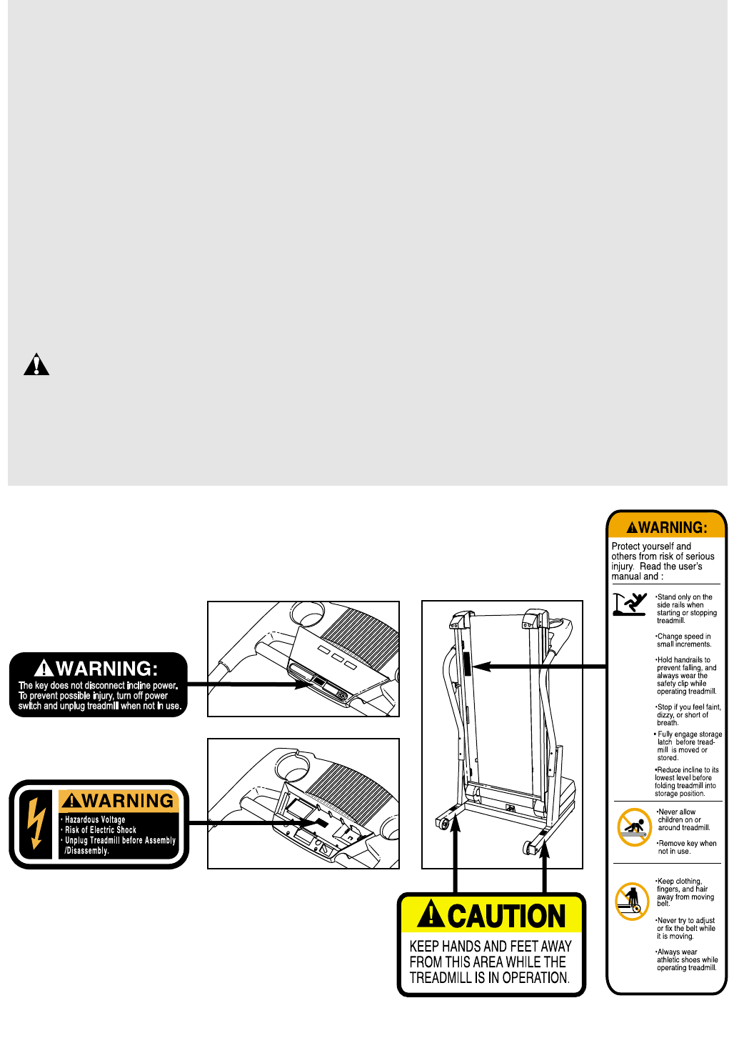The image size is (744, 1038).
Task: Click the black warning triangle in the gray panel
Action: (36, 364)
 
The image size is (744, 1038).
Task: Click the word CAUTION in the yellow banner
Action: (506, 916)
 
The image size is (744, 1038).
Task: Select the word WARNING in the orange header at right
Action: (673, 528)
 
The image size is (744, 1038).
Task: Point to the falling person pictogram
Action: (629, 604)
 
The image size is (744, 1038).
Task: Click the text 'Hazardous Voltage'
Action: (95, 819)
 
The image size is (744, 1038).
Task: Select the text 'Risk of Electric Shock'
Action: (101, 830)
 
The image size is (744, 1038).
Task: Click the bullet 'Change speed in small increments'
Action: (684, 640)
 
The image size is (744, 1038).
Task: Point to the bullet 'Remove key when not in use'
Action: (687, 847)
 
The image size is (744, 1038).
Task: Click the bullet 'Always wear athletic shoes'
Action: (687, 960)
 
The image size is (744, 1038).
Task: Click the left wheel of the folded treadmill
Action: (443, 824)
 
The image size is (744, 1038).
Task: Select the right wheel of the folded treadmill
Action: (530, 847)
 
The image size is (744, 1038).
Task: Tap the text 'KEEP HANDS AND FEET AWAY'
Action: (491, 947)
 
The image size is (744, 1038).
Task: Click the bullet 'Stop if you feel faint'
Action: (688, 714)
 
